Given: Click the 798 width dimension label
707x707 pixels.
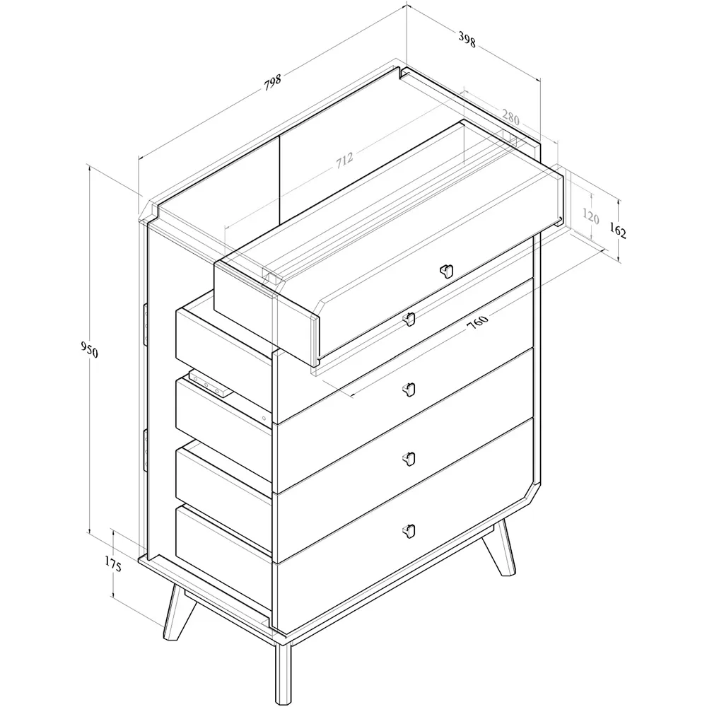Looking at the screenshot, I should click(273, 81).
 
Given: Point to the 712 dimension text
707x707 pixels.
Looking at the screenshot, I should click(344, 160).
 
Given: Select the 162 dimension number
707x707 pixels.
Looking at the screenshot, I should click(617, 231).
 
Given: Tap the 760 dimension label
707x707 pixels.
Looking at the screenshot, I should click(478, 322).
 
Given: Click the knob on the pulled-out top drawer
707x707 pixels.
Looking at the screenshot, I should click(445, 270).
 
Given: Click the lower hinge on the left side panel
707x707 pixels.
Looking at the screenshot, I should click(144, 447).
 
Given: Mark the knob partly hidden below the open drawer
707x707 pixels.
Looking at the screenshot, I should click(408, 320).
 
